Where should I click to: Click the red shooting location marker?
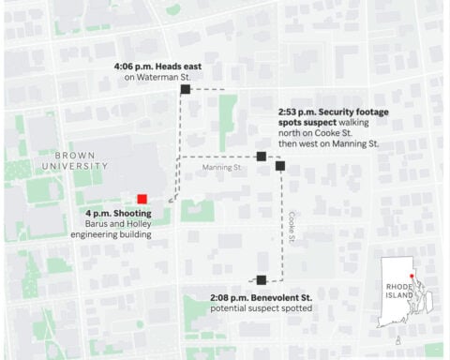click(x=142, y=198)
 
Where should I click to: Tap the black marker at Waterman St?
click(x=186, y=89)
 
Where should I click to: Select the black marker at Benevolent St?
click(x=262, y=278)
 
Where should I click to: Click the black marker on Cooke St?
click(x=280, y=166)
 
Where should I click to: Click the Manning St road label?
click(x=221, y=168)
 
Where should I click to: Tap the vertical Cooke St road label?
click(x=292, y=222)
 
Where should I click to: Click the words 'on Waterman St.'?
click(x=157, y=78)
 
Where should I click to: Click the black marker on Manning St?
click(x=261, y=157)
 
